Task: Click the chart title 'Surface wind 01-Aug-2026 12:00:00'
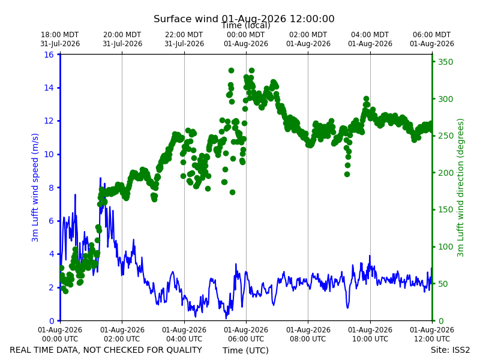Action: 244,19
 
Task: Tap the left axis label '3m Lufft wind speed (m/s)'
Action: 35,187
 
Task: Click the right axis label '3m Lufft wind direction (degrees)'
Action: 460,188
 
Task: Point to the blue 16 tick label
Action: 49,55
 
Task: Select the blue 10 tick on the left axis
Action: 49,154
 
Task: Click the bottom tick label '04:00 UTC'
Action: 184,339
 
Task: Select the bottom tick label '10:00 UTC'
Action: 370,339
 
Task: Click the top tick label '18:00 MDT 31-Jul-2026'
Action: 60,39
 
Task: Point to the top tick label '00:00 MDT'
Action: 246,35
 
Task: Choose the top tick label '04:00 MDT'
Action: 370,35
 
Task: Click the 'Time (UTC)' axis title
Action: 245,350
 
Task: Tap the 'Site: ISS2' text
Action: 450,350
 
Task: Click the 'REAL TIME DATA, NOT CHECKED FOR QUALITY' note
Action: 106,350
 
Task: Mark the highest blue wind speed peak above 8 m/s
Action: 100,178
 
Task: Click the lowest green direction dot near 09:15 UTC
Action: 347,174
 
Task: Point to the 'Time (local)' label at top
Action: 245,25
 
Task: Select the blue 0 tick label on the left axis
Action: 52,321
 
